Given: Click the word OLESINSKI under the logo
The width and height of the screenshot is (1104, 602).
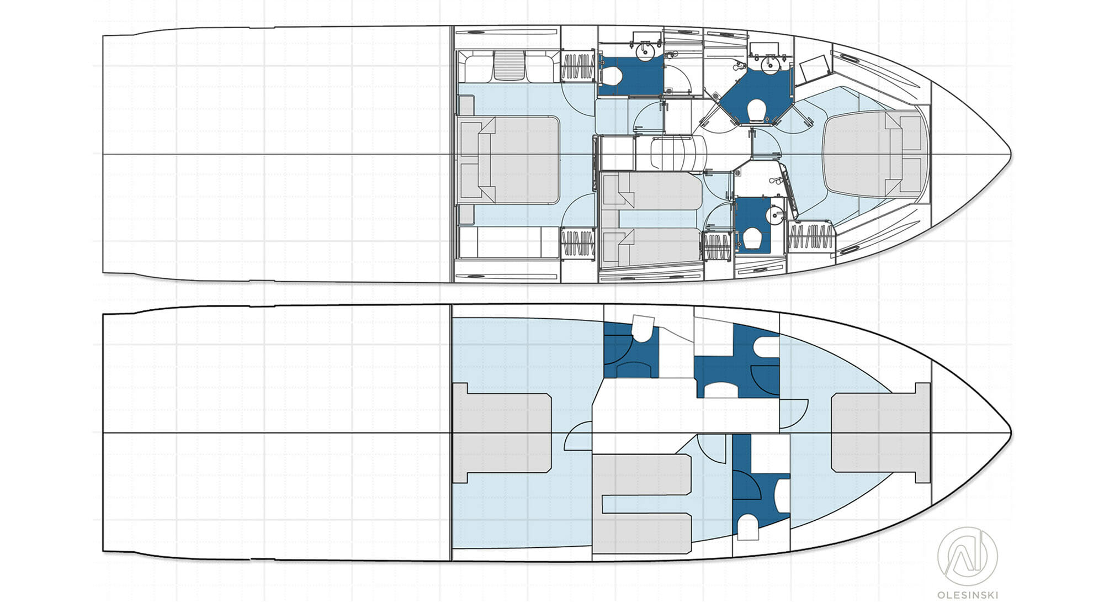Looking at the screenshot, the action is coord(967,595).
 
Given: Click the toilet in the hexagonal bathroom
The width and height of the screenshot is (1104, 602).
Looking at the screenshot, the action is coord(756,110).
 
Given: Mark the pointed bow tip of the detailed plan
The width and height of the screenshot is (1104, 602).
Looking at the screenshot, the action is coord(1011,154).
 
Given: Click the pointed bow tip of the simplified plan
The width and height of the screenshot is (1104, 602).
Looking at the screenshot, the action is coord(1011,432).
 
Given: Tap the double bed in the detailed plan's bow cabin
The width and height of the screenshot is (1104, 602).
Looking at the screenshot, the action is coord(875,153).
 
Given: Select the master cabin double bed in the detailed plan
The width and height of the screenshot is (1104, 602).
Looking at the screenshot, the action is coord(508,160).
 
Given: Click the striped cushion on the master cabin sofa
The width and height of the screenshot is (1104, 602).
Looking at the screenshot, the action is coord(509,66).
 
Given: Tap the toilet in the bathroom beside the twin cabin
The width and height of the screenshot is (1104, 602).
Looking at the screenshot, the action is coord(753,239).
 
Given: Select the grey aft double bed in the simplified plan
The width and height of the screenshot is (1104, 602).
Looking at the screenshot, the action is coord(502,433).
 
